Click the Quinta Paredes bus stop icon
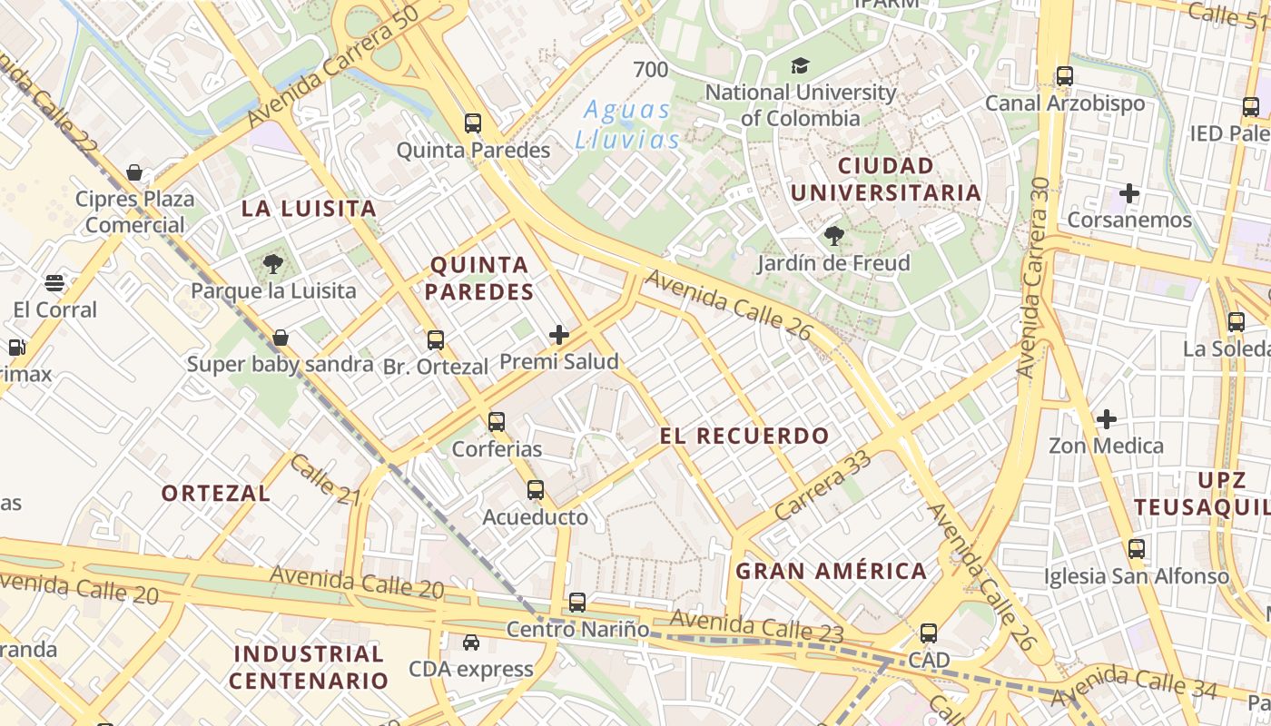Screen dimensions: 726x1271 pos(473,123)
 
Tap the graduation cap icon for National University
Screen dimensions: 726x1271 pos(800,65)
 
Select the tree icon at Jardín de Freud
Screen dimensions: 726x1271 pos(833,237)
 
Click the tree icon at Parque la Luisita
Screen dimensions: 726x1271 pos(272,265)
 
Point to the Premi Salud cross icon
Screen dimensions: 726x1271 pos(559,335)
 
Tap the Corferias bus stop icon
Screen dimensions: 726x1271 pos(496,422)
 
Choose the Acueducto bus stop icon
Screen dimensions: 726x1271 pos(536,490)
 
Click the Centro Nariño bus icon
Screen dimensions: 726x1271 pos(577,602)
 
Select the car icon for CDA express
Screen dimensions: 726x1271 pos(470,643)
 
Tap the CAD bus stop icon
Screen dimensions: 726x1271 pos(928,633)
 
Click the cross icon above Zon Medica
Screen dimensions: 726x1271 pos(1106,419)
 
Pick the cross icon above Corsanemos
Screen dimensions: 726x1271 pos(1129,193)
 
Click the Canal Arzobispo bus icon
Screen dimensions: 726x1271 pos(1065,76)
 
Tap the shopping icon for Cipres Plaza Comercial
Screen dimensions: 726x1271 pos(134,172)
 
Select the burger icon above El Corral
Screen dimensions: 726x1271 pos(54,283)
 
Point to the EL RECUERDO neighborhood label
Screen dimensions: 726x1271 pos(744,436)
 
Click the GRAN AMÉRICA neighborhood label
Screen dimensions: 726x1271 pos(831,571)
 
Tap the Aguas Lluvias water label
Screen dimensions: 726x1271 pos(626,125)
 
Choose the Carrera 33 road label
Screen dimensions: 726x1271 pos(823,484)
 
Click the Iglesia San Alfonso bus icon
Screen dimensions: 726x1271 pos(1136,549)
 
